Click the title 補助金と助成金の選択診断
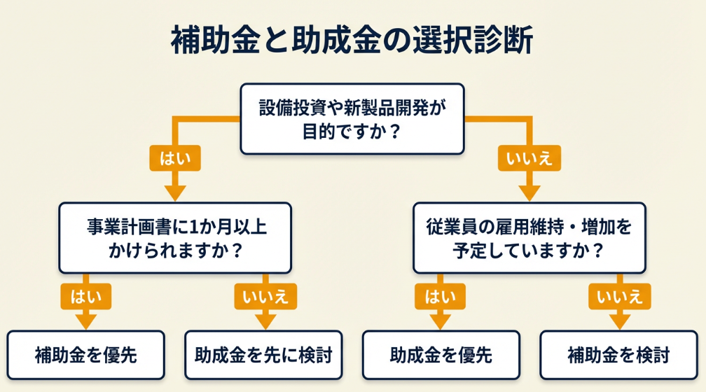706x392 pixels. pyautogui.click(x=352, y=40)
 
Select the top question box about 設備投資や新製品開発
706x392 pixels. pyautogui.click(x=352, y=119)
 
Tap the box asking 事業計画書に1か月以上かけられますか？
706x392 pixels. pyautogui.click(x=175, y=238)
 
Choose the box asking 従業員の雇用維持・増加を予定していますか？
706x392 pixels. pyautogui.click(x=529, y=238)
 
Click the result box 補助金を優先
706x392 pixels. pyautogui.click(x=86, y=355)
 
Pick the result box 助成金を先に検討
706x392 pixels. pyautogui.click(x=263, y=355)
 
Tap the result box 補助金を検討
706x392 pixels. pyautogui.click(x=618, y=355)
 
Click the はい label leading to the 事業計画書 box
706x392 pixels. pyautogui.click(x=174, y=159)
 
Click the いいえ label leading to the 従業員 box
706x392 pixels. pyautogui.click(x=529, y=159)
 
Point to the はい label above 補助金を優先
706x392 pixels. pyautogui.click(x=85, y=297)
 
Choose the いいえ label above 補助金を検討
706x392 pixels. pyautogui.click(x=619, y=297)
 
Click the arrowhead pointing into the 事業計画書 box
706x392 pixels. pyautogui.click(x=174, y=191)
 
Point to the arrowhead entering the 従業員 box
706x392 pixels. pyautogui.click(x=529, y=191)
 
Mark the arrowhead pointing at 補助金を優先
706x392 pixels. pyautogui.click(x=85, y=321)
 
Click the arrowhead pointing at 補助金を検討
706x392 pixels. pyautogui.click(x=619, y=321)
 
